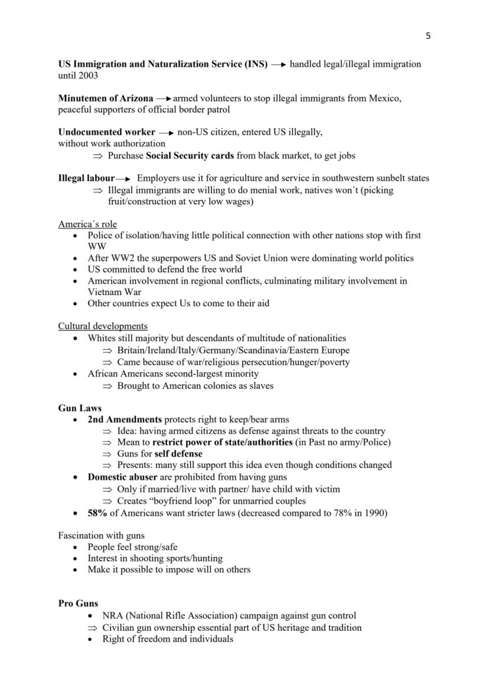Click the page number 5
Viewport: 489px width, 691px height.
click(428, 36)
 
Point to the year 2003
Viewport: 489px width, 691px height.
click(87, 76)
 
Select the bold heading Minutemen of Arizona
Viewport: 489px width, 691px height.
click(106, 98)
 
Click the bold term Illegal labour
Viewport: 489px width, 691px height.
click(86, 178)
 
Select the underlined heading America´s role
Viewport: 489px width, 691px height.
click(87, 224)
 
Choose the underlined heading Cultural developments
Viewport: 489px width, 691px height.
click(103, 326)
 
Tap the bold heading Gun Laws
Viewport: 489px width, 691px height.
click(80, 408)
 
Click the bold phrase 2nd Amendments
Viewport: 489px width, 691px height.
click(125, 420)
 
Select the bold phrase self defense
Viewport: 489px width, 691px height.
click(178, 454)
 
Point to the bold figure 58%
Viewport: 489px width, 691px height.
click(97, 513)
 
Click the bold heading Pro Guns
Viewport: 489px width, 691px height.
click(78, 603)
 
